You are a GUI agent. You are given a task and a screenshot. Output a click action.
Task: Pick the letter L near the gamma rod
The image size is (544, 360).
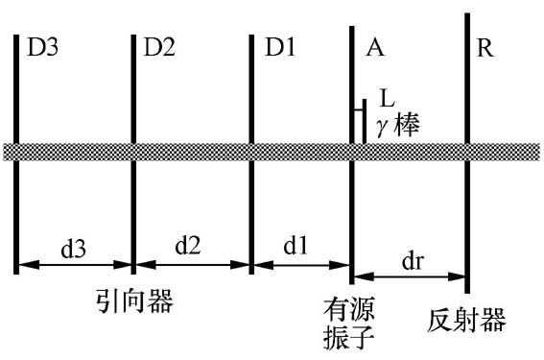point(386,100)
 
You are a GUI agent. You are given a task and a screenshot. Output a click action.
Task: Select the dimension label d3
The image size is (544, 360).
point(74,247)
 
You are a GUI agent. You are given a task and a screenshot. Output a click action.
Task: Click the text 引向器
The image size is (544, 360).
point(135,301)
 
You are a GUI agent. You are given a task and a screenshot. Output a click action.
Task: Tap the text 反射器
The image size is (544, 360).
point(466,319)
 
